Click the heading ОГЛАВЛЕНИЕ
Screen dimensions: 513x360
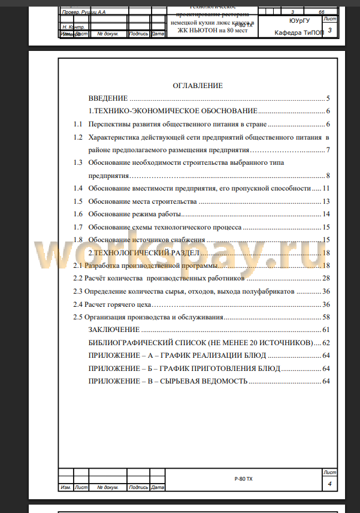click(x=198, y=86)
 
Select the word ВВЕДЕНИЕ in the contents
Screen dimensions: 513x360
click(x=108, y=98)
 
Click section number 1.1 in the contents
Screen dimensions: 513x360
click(x=78, y=124)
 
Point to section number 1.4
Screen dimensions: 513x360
click(x=78, y=188)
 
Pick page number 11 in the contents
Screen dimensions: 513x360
click(x=326, y=188)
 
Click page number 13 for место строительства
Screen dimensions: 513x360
click(x=326, y=201)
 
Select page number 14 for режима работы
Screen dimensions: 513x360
click(x=326, y=214)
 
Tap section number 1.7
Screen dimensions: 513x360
click(x=78, y=227)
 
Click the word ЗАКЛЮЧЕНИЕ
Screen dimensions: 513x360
click(x=114, y=330)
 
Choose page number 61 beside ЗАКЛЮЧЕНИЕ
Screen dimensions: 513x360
click(x=326, y=330)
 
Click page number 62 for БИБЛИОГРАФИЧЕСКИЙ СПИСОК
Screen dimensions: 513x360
click(x=326, y=343)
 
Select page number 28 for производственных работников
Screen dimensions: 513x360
click(x=326, y=278)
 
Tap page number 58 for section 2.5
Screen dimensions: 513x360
click(x=326, y=317)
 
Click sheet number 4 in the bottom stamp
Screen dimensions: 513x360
click(x=329, y=483)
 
